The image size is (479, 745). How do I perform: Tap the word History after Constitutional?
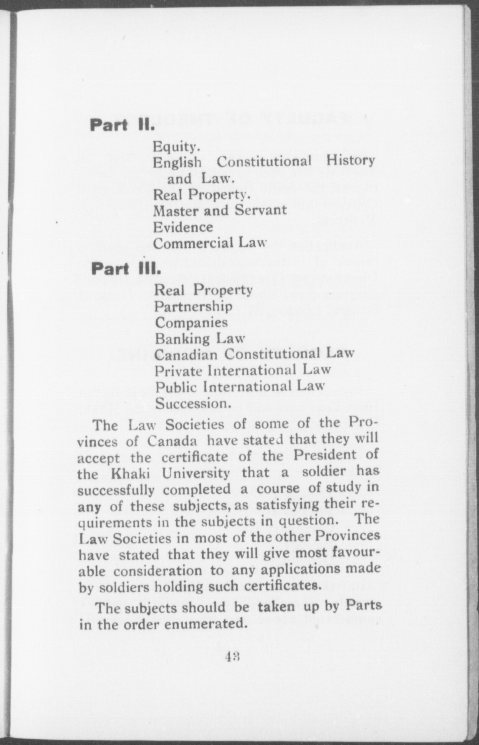350,161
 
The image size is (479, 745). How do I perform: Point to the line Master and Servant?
220,210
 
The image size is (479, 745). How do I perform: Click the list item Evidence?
183,227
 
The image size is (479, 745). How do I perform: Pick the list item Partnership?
193,306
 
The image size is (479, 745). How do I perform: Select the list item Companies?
191,323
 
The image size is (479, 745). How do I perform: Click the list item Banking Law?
199,339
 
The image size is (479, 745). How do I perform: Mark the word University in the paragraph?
196,474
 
